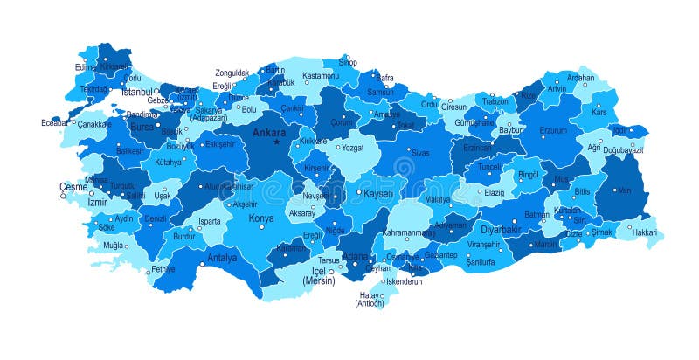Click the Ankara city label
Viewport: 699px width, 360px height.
(268, 133)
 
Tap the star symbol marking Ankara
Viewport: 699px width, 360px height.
(277, 142)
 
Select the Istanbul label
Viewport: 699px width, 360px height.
(136, 92)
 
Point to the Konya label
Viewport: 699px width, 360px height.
(261, 218)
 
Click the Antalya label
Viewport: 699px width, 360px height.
(222, 257)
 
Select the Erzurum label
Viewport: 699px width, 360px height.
(552, 131)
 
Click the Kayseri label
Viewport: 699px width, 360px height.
(378, 192)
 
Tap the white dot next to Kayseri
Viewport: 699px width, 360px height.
(358, 192)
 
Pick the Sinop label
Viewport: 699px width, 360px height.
(348, 63)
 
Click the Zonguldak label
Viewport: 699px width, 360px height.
(232, 73)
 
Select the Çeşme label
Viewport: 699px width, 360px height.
(73, 187)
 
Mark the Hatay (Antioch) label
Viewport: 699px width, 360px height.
(370, 299)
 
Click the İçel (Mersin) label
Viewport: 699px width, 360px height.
(319, 277)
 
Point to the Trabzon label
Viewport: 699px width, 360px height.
(495, 101)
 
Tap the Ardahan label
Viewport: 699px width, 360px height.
(580, 77)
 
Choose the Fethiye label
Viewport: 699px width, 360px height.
(163, 269)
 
